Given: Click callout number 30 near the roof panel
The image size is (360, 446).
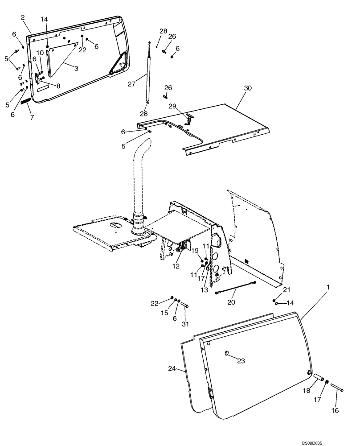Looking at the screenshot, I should point(247,88).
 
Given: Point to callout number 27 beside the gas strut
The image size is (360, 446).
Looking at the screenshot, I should point(131,83).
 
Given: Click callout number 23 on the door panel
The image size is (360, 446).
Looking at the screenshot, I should point(241,361).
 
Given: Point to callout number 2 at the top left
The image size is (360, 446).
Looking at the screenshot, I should point(23,17).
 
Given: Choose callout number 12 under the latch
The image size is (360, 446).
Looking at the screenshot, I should point(176,266).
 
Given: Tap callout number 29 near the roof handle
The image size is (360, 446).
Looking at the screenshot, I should point(172,106).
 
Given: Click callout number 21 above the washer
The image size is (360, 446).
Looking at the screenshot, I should point(286,289).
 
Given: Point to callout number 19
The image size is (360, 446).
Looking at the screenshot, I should point(195,251).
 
